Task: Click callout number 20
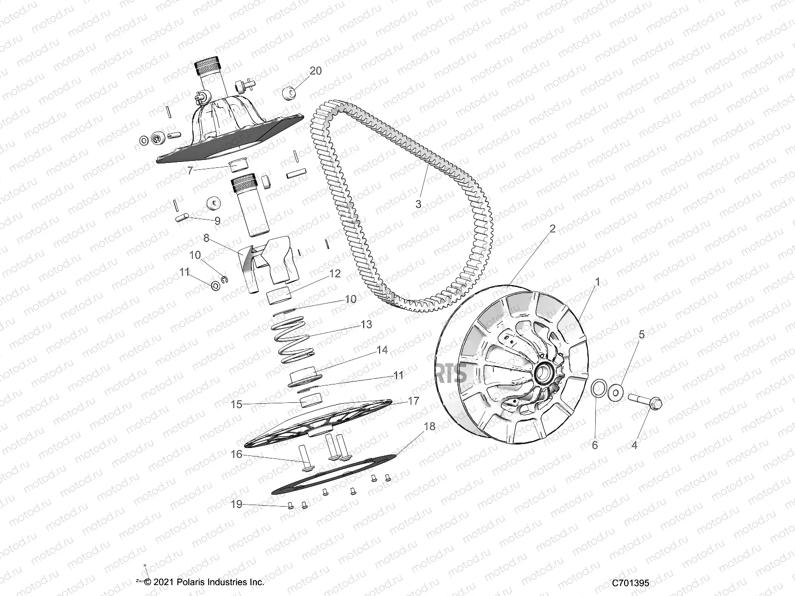[316, 71]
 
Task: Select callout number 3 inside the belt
[418, 204]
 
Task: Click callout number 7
[190, 170]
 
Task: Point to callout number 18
[429, 426]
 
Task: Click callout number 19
[237, 505]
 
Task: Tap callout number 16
[237, 454]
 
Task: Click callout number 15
[237, 405]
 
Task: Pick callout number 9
[217, 220]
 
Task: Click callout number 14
[382, 350]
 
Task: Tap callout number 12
[334, 274]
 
